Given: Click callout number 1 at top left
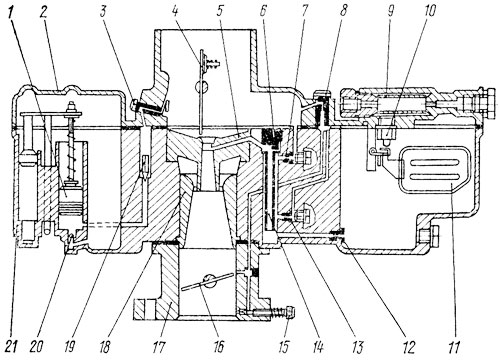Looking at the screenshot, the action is point(12,15).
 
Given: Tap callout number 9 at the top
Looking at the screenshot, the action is point(391,13).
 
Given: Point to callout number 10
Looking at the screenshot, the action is point(430,12).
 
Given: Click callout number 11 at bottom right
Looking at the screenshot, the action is point(454,347).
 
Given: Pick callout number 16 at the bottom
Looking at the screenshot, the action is point(218,347).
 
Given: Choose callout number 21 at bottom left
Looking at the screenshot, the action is point(12,347).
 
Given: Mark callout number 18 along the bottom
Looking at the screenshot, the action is point(105,347).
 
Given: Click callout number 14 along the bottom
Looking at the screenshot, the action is point(317,347).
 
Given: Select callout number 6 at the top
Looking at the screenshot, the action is point(263,13).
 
